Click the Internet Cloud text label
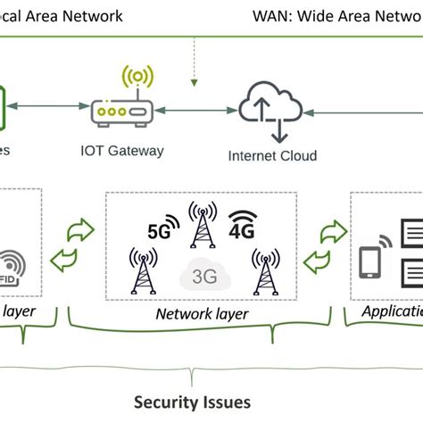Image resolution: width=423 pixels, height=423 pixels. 272,156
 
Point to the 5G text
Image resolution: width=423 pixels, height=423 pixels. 159,230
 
